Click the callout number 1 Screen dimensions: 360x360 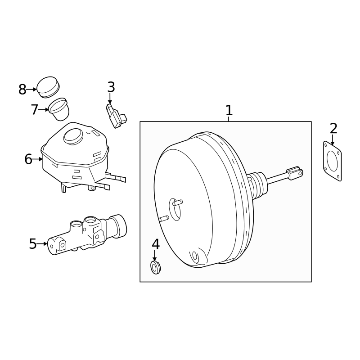point(229,110)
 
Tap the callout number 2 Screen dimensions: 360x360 point(333,129)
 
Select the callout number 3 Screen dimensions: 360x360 point(111,87)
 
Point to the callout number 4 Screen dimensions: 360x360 point(155,244)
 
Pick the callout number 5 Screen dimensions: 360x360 point(33,244)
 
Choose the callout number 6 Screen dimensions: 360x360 point(28,159)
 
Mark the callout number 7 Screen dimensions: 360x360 point(35,110)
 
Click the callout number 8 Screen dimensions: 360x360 point(22,90)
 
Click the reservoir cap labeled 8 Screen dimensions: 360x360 point(48,87)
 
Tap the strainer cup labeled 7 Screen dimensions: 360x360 point(59,109)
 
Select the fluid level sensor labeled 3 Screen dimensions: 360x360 point(116,116)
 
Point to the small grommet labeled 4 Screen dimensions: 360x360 point(155,267)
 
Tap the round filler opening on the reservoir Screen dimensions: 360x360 point(73,137)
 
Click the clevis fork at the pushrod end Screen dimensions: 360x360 point(295,173)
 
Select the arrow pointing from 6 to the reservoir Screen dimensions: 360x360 point(37,159)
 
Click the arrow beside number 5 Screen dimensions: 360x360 point(42,244)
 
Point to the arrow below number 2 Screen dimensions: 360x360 point(332,140)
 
